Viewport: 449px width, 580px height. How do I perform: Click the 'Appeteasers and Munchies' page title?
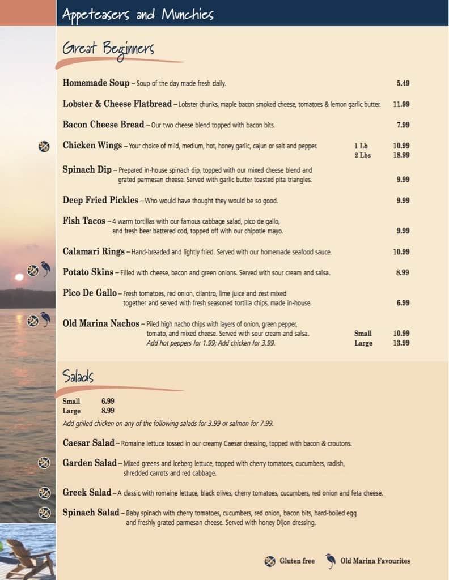coord(138,14)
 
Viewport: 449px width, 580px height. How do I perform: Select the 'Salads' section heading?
coord(78,377)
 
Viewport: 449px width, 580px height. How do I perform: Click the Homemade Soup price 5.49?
coord(403,83)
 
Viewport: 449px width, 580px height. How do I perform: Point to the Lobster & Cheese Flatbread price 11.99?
coord(401,104)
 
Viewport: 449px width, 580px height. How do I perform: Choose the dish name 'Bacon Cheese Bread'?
coord(104,125)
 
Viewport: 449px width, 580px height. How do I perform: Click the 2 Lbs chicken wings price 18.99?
coord(401,155)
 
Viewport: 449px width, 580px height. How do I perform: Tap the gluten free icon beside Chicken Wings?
coord(44,146)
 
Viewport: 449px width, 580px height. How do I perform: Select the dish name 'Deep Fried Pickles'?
coord(100,200)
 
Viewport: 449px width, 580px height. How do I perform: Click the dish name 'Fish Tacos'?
coord(84,221)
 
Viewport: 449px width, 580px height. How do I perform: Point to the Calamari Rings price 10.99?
coord(401,252)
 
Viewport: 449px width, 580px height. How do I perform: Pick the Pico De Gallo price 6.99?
coord(403,303)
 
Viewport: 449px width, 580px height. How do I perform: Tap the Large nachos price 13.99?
coord(401,343)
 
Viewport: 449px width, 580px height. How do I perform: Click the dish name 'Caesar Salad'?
coord(88,443)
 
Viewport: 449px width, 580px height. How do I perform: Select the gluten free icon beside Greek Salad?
coord(44,492)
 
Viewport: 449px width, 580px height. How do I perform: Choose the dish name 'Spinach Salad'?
coord(91,513)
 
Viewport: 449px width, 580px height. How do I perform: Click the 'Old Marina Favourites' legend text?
coord(375,561)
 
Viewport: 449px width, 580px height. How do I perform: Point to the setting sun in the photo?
coord(19,278)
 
